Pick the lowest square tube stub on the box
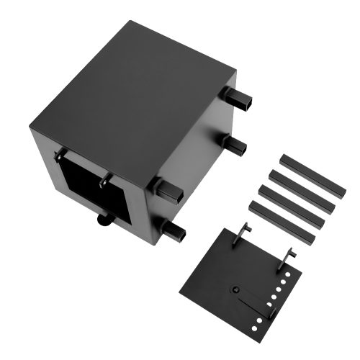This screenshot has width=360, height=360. coord(175,231)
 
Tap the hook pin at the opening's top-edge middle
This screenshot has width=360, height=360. coord(105,177)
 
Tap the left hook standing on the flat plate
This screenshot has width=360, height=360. coord(242,235)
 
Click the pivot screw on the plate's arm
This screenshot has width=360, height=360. coord(233,289)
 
